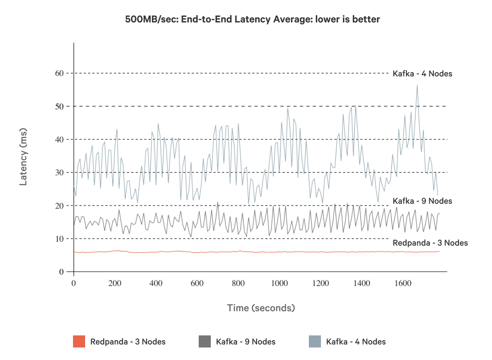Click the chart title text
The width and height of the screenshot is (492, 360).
pyautogui.click(x=252, y=19)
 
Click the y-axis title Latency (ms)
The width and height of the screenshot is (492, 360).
pyautogui.click(x=24, y=157)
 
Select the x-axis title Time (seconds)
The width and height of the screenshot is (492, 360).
pyautogui.click(x=261, y=308)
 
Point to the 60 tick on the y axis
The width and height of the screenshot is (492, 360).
pyautogui.click(x=59, y=73)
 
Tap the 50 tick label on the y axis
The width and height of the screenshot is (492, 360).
pyautogui.click(x=59, y=106)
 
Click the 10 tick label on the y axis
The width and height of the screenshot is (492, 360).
pyautogui.click(x=59, y=239)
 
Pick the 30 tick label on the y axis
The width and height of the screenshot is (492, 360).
pyautogui.click(x=59, y=173)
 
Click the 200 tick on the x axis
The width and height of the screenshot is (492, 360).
pyautogui.click(x=115, y=284)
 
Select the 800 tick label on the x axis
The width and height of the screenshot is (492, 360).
pyautogui.click(x=238, y=284)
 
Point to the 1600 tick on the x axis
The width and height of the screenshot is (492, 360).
pyautogui.click(x=403, y=284)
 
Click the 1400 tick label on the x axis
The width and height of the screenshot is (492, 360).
pyautogui.click(x=362, y=284)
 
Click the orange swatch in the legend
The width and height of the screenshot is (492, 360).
pyautogui.click(x=79, y=341)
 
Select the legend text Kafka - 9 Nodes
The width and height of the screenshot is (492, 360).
pyautogui.click(x=246, y=342)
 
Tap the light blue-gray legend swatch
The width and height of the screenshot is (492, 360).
pyautogui.click(x=315, y=341)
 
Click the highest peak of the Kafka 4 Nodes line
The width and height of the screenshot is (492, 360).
pyautogui.click(x=417, y=85)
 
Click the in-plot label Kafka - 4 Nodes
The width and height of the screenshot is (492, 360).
pyautogui.click(x=422, y=74)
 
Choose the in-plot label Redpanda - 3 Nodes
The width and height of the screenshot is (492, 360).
pyautogui.click(x=430, y=243)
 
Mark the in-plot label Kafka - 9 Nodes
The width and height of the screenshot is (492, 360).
pyautogui.click(x=422, y=201)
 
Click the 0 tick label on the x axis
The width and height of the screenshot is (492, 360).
pyautogui.click(x=73, y=284)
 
